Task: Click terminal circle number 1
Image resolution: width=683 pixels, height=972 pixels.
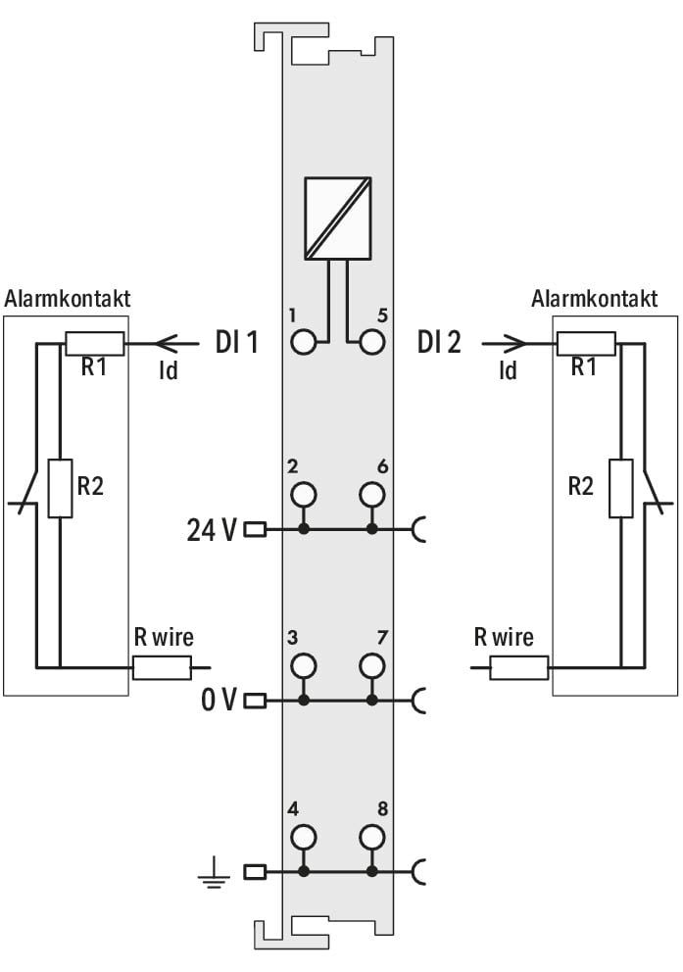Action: (303, 342)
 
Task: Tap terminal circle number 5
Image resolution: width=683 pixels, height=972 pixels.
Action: (371, 342)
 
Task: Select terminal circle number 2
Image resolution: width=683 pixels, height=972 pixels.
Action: (303, 495)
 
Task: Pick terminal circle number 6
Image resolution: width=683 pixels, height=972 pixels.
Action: (371, 495)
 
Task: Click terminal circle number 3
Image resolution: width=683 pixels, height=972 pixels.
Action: (303, 666)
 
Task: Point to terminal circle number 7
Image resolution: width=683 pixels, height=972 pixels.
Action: (371, 666)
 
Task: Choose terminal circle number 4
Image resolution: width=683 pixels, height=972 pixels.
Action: (303, 837)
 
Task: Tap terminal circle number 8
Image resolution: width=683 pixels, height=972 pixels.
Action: (371, 837)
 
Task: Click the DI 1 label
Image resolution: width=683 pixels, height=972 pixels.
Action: (236, 342)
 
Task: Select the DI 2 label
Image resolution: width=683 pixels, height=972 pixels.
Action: (439, 342)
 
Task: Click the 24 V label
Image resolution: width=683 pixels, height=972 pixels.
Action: (212, 530)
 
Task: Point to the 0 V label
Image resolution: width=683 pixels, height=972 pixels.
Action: (219, 701)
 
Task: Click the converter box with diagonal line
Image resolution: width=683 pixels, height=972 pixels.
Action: (338, 219)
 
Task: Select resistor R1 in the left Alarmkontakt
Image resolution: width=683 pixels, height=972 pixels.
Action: (94, 343)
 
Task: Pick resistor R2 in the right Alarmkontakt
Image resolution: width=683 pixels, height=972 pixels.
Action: (620, 489)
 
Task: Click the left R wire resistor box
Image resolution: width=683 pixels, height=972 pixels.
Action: (162, 668)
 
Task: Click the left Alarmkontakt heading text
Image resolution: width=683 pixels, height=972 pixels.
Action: (68, 299)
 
